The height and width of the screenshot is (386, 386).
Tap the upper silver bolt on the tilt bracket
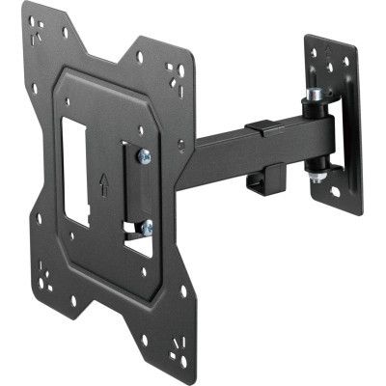pyautogui.click(x=143, y=155)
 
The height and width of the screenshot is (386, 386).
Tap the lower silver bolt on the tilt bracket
pyautogui.click(x=146, y=228)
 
